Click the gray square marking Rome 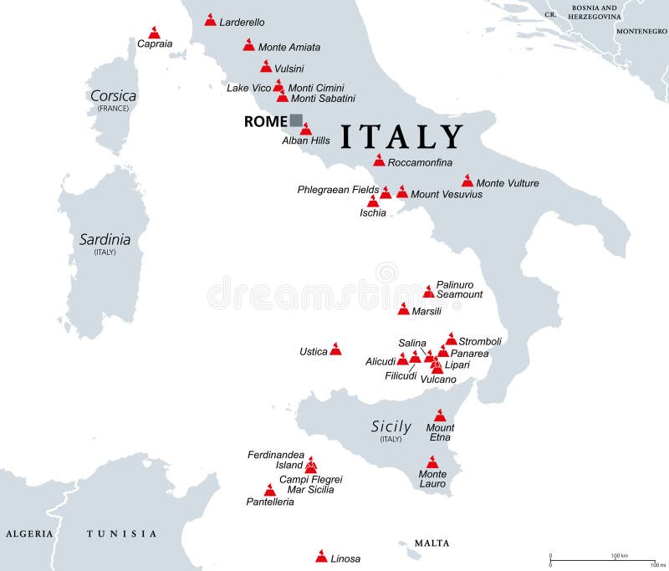[x=296, y=120]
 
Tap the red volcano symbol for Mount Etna [x=441, y=416]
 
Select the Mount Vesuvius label [x=447, y=195]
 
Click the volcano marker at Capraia [x=153, y=32]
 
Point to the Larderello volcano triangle [x=210, y=20]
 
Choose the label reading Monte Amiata [x=289, y=48]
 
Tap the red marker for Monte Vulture [x=467, y=181]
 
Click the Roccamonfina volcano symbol [x=379, y=161]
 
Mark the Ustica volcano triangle [x=335, y=349]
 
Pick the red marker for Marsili [x=404, y=309]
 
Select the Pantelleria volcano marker [x=269, y=491]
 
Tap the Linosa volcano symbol [x=321, y=557]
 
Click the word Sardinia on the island [x=105, y=239]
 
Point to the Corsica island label [x=113, y=96]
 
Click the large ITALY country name [x=401, y=137]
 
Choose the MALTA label [x=432, y=543]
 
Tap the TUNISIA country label [x=122, y=533]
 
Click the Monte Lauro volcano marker [x=432, y=462]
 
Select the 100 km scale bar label [x=620, y=555]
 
